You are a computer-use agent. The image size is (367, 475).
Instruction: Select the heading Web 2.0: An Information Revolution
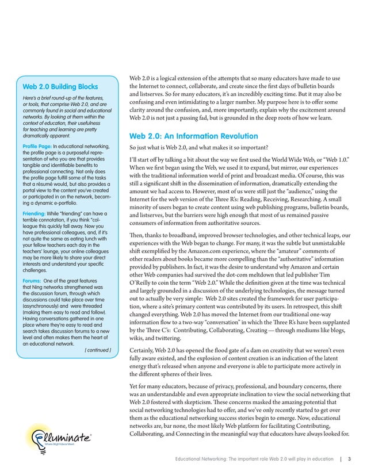(x=193, y=136)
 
